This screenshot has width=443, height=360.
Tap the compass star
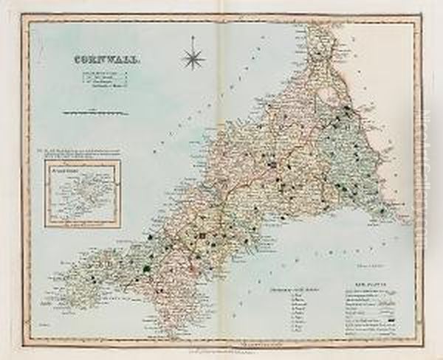(x=194, y=57)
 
